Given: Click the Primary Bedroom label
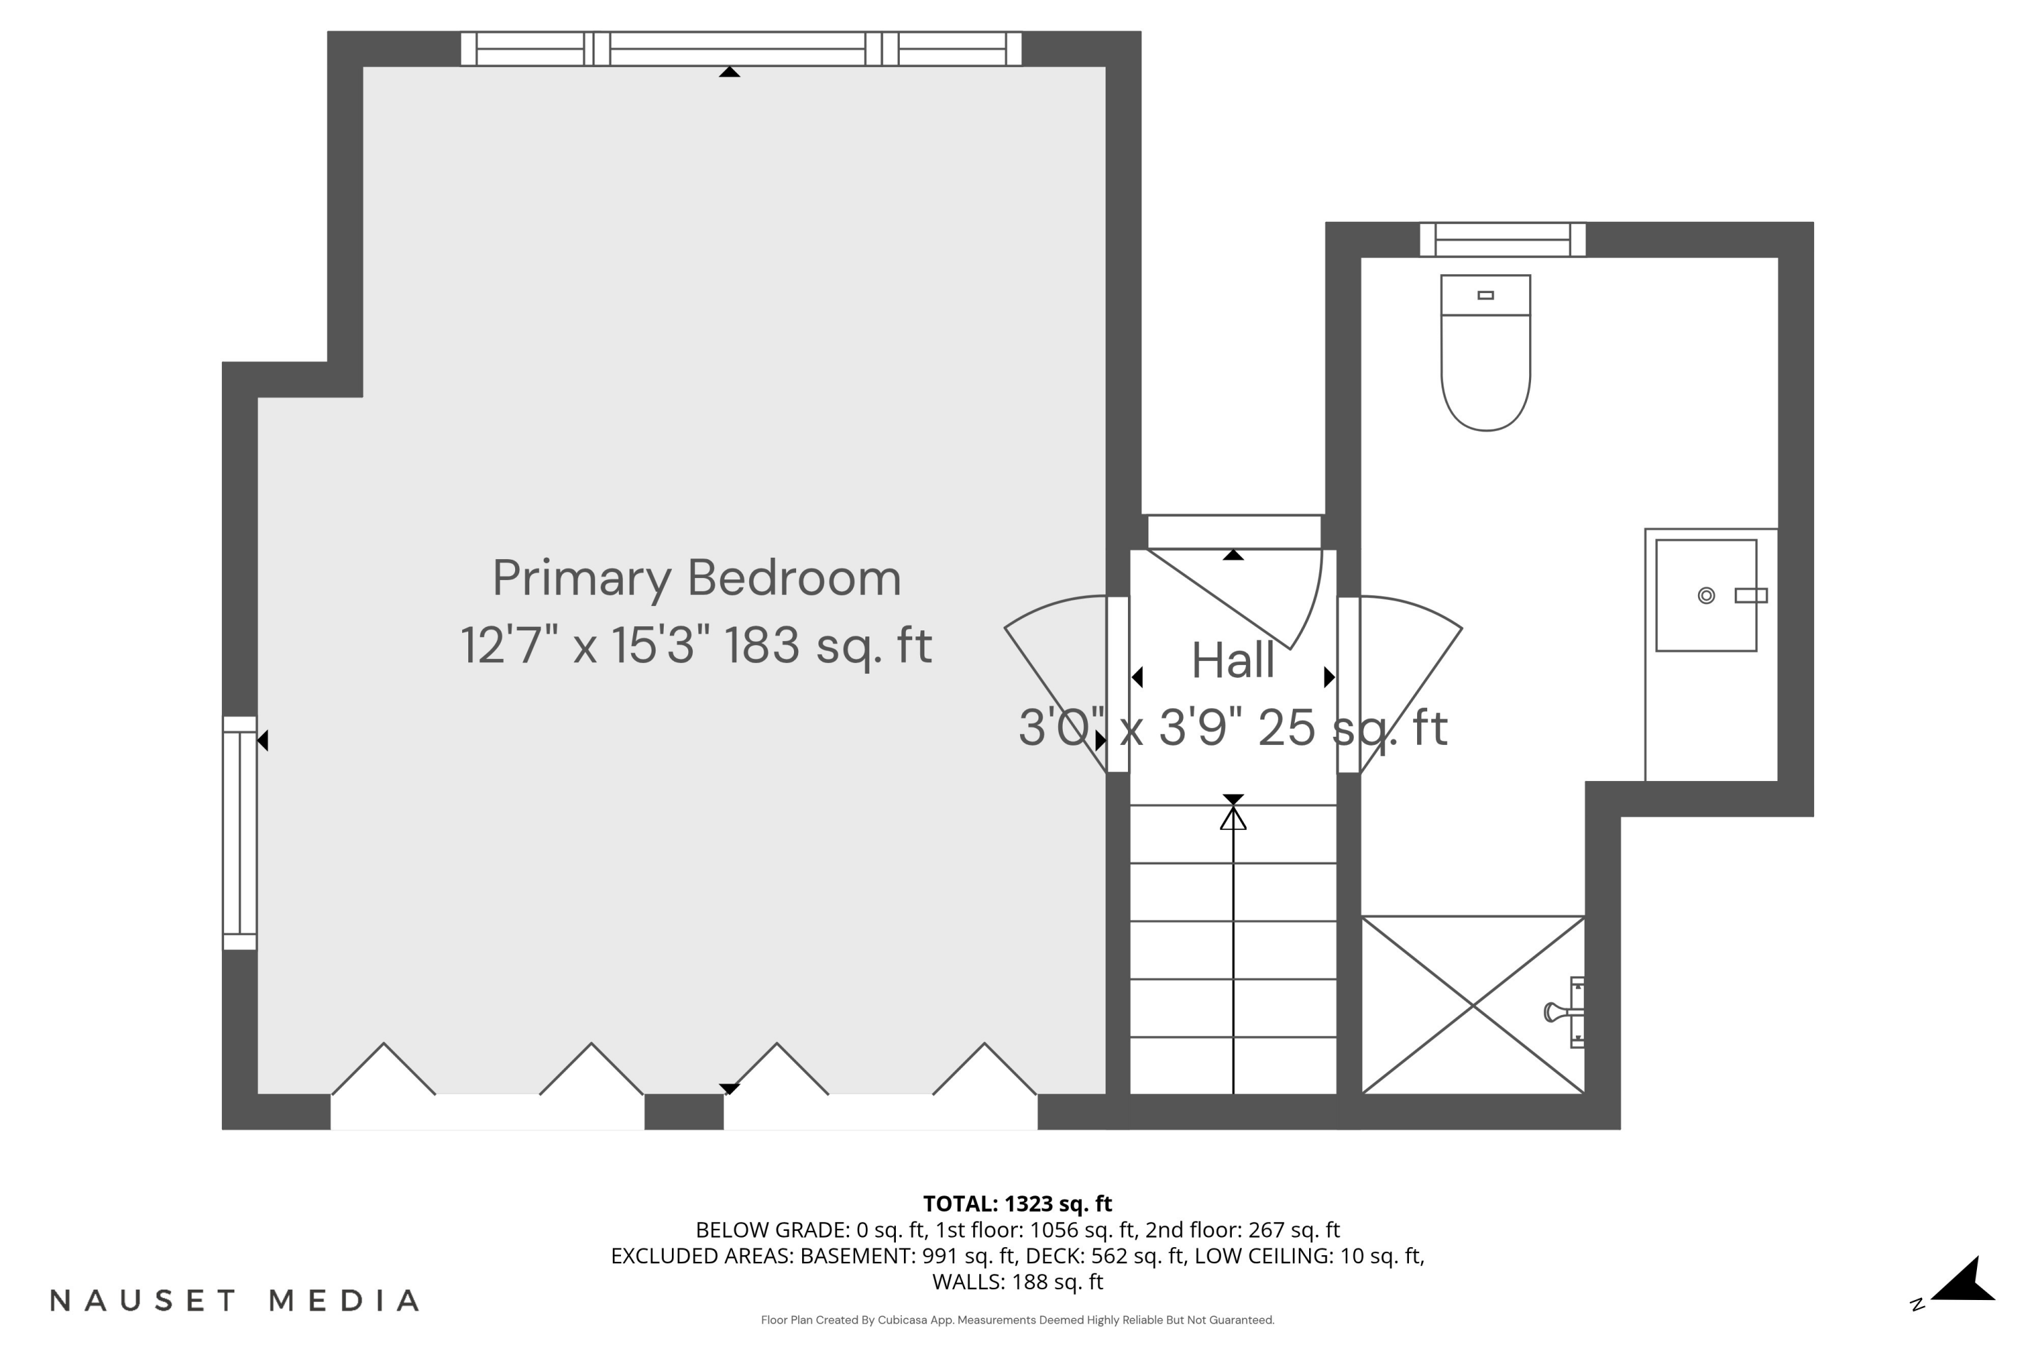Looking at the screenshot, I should [697, 578].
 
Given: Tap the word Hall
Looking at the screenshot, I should [1232, 661].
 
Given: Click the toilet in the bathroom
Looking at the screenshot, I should [1486, 364].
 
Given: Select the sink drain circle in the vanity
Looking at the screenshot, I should [1705, 596].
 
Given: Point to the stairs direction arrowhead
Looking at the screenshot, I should [1232, 818].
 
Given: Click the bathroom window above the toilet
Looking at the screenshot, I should [1502, 240].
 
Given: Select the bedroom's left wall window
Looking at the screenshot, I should [240, 833].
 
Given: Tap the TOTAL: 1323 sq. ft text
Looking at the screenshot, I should [1017, 1204].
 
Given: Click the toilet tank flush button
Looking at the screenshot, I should [1486, 295].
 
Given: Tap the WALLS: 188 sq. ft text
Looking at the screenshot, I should [1017, 1282].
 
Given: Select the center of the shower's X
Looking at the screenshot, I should [1473, 1005].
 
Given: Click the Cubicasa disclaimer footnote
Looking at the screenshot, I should [1017, 1320].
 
